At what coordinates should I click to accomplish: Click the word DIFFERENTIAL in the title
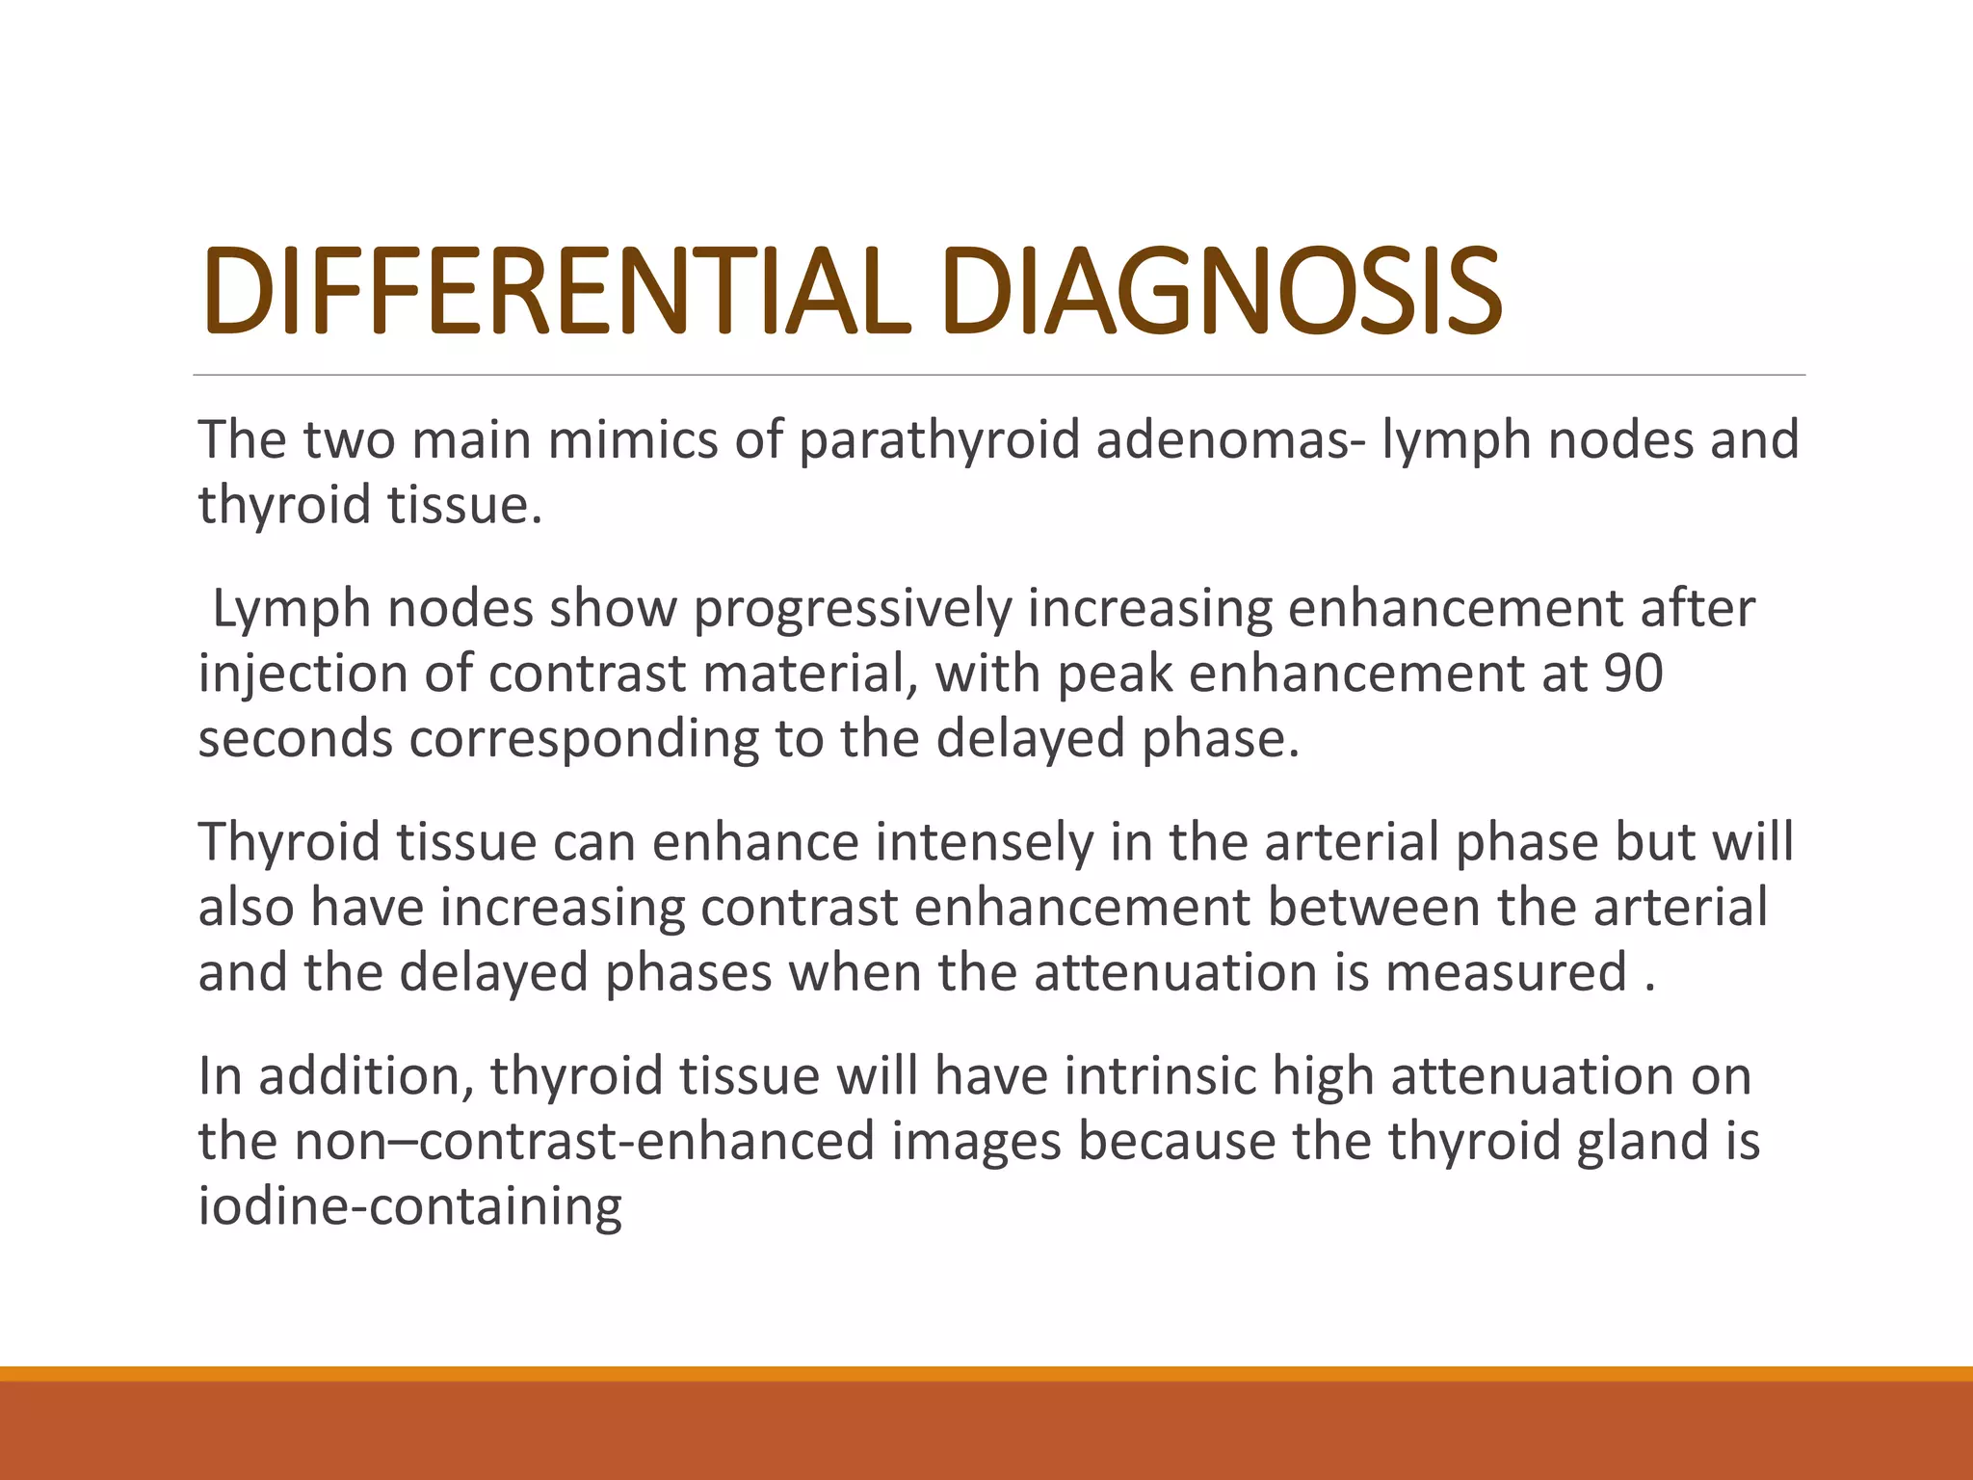coord(556,291)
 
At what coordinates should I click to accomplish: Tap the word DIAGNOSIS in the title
coord(1222,291)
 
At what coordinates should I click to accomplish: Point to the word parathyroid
coord(939,440)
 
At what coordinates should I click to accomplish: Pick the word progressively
coord(853,609)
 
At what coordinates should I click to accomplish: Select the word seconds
coord(295,739)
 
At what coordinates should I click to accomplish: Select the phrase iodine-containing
coord(409,1206)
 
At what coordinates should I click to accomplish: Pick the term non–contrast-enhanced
coord(581,1141)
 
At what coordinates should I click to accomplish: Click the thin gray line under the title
coord(998,375)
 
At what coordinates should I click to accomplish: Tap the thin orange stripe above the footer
coord(986,1373)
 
